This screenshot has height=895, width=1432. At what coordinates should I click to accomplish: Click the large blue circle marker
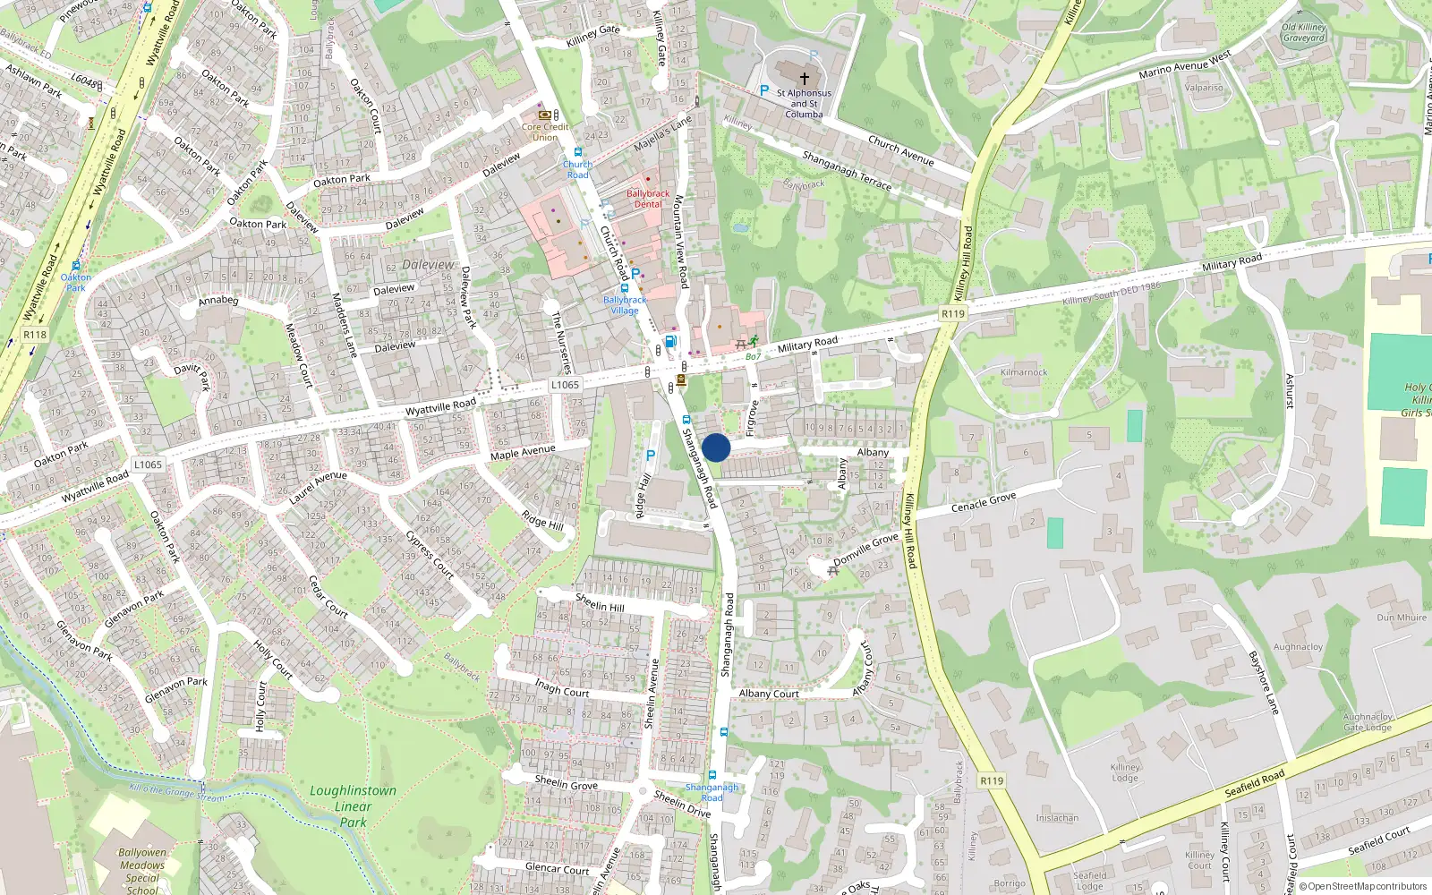coord(716,447)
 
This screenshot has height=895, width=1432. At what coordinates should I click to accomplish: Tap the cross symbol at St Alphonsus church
coord(804,80)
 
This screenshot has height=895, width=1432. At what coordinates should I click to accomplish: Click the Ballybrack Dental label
coord(648,199)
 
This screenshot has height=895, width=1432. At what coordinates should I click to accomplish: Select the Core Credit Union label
coord(545,132)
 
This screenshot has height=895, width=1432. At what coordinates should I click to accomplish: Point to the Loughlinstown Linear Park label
coord(353,805)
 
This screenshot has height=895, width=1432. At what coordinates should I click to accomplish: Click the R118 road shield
coord(35,335)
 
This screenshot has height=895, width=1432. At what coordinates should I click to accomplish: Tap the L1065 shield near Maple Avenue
coord(565,385)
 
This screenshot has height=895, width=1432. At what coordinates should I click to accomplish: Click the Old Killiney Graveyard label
coord(1304,33)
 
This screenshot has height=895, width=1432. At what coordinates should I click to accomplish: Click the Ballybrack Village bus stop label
coord(625,305)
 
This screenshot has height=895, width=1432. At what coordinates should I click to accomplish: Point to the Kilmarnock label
coord(1024,372)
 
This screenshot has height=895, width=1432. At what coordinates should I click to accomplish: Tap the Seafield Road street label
coord(1255,783)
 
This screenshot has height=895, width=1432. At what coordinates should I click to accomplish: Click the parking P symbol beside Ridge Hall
coord(651,456)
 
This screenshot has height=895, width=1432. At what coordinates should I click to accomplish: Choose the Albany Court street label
coord(769,694)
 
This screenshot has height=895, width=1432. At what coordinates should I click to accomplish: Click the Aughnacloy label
coord(1298,646)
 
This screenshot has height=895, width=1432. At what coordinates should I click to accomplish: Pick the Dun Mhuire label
coord(1402,618)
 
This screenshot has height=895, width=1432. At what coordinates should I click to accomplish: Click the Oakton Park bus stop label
coord(76,282)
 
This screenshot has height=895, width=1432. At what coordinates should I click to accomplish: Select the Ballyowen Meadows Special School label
coord(142,871)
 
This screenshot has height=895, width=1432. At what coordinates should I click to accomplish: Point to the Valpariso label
coord(1204,88)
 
